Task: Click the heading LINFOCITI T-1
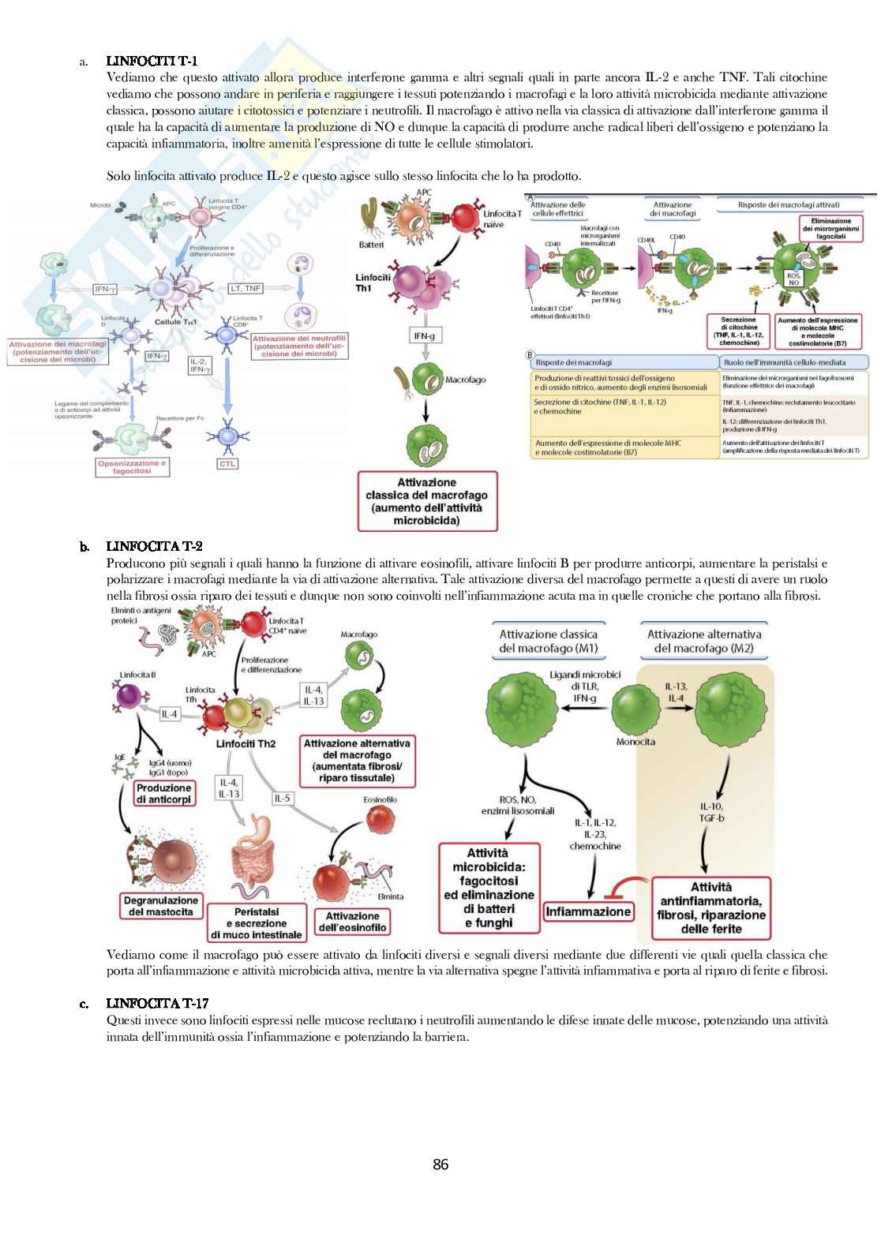point(152,61)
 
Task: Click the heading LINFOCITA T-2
point(154,546)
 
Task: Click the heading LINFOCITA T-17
point(157,1004)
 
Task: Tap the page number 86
point(440,1165)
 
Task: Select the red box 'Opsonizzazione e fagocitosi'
point(132,467)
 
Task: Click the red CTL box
point(227,464)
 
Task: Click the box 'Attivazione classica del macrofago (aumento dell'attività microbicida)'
point(427,501)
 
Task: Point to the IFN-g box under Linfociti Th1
point(424,336)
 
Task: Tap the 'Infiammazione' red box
point(588,911)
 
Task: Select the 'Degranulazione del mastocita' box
point(161,906)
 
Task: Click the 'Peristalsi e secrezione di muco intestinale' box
point(257,922)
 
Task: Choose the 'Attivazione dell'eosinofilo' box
point(352,922)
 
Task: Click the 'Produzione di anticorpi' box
point(163,793)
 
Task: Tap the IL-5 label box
point(282,798)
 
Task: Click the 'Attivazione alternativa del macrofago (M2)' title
point(704,641)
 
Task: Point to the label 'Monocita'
point(635,742)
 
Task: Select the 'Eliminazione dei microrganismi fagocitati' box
point(830,229)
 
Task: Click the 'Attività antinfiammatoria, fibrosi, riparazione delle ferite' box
point(710,908)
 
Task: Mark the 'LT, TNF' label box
point(246,288)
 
